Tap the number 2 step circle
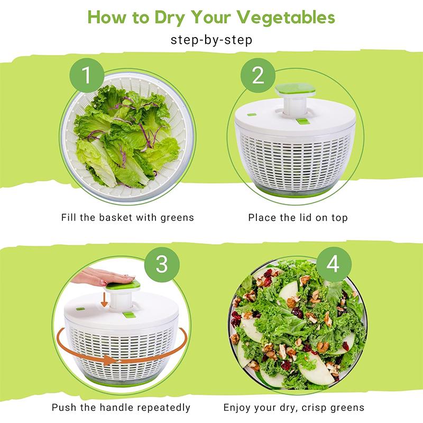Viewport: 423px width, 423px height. [258, 76]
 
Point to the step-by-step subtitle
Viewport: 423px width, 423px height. [212, 40]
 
